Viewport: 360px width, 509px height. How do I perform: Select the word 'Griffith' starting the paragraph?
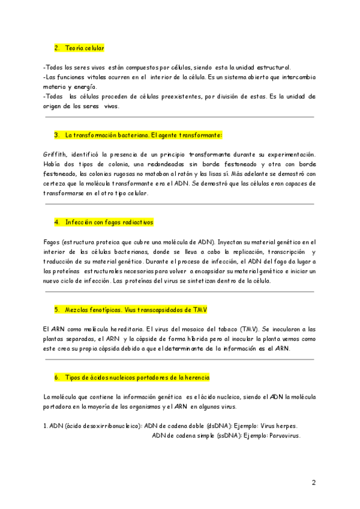(x=55, y=155)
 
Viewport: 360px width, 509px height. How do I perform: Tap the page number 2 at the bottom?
(x=313, y=482)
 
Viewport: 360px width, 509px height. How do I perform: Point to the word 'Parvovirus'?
(x=284, y=436)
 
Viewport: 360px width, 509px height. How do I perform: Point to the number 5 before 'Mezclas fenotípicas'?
(x=56, y=310)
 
